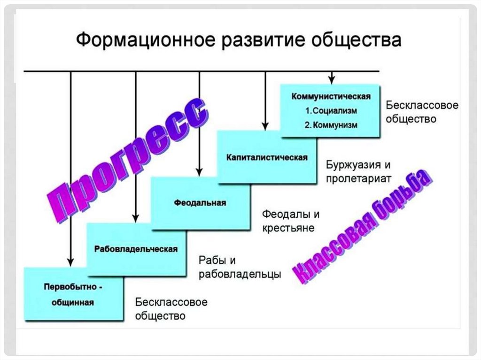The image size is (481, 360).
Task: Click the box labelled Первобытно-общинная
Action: click(x=74, y=294)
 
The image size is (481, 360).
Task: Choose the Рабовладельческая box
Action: click(x=136, y=249)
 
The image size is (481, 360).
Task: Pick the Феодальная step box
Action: click(x=200, y=203)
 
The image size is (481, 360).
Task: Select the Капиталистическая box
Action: click(x=266, y=157)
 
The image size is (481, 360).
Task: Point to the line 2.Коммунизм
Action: click(x=331, y=125)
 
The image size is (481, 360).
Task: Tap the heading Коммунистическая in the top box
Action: click(x=331, y=97)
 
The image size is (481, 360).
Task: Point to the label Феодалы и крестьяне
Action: click(x=291, y=221)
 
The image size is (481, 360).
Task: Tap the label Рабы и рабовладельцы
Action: click(x=240, y=267)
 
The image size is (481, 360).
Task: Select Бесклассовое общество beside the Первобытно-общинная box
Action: click(x=171, y=308)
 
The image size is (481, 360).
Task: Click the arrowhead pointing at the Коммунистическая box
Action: click(x=332, y=79)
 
